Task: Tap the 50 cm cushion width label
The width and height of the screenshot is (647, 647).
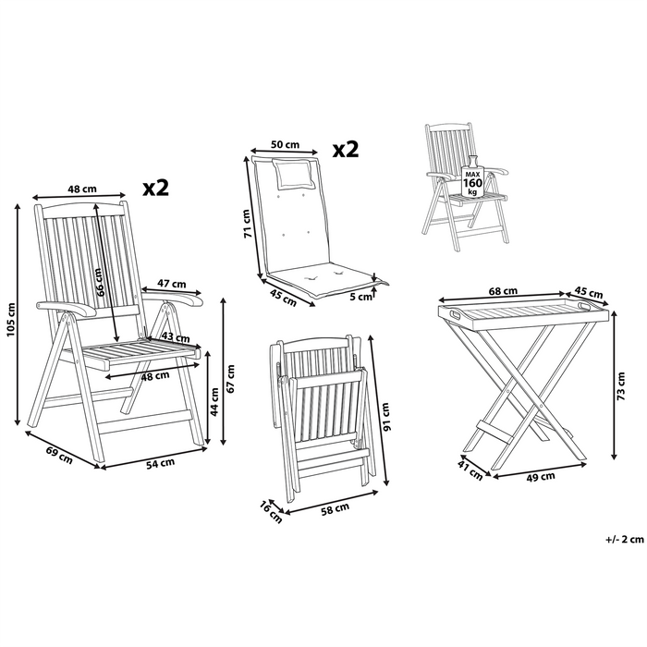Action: [x=285, y=145]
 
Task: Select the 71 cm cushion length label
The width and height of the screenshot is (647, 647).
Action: [x=247, y=222]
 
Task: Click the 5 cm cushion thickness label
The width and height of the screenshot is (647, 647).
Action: [x=364, y=297]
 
